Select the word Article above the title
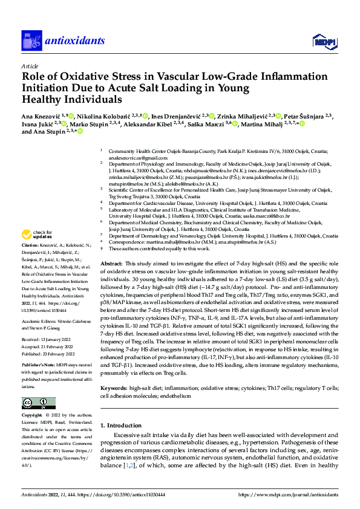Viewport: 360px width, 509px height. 29,66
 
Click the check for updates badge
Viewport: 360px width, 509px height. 37,235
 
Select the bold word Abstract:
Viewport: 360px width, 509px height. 111,264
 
